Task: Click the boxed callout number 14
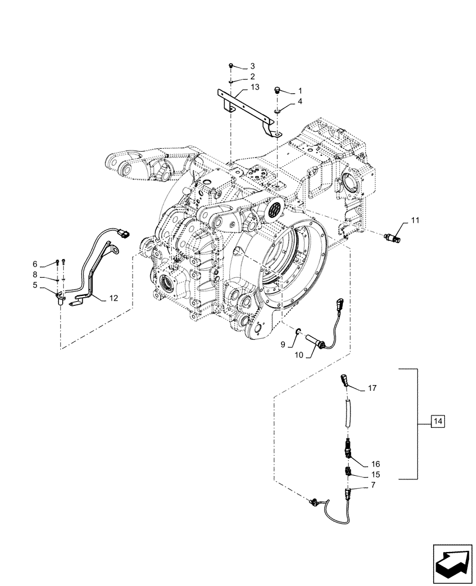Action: (x=438, y=421)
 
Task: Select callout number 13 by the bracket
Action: (x=254, y=87)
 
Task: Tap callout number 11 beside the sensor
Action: (x=399, y=220)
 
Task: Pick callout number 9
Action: (x=283, y=345)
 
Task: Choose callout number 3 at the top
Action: (x=253, y=66)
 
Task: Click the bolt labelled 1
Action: (x=278, y=90)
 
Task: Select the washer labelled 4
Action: (x=278, y=110)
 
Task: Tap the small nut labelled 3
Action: (x=232, y=66)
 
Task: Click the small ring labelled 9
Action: (x=298, y=333)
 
